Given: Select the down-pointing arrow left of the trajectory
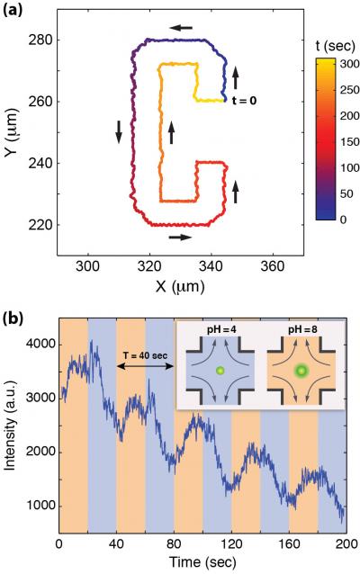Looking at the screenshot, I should tap(118, 131).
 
